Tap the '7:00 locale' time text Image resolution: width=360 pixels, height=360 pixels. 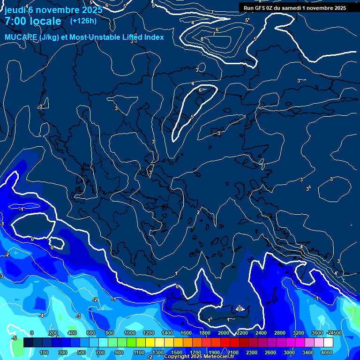coord(33,21)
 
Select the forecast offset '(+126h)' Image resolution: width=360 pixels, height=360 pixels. coord(83,21)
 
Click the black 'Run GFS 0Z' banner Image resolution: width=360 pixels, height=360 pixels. coord(294,8)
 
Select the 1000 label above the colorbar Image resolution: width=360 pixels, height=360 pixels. coord(130,333)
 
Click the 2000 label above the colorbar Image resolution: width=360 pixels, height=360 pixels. coord(224,333)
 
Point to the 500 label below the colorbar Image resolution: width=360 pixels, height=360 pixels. coord(81,352)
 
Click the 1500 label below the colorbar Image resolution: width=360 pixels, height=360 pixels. coord(177,352)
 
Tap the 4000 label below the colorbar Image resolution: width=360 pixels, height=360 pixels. coord(327,352)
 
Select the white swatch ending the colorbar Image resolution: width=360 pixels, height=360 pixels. coord(328,343)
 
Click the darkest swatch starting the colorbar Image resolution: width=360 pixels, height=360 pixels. coord(28,343)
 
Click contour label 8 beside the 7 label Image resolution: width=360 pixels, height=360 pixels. coord(202,39)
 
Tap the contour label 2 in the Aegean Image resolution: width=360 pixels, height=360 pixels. coord(198,212)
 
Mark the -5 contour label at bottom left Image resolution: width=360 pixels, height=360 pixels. coord(15,338)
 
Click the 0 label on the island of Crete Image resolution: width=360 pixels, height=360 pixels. coord(239,308)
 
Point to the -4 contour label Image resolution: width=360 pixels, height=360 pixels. coord(41,315)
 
